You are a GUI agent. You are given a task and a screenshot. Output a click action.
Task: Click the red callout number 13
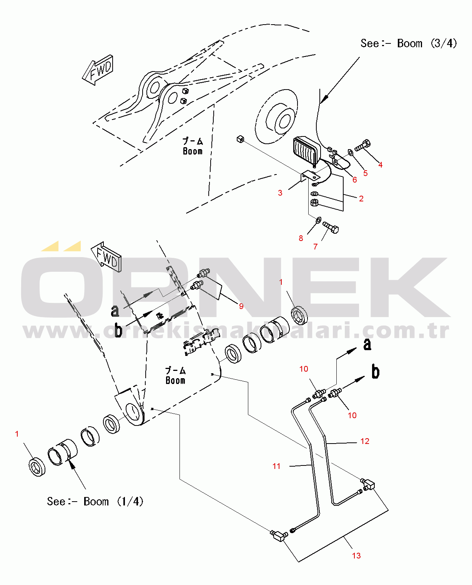tap(356, 556)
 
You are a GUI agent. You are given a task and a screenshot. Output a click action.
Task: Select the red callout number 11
tap(276, 466)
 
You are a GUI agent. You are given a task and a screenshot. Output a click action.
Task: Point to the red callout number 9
tap(241, 306)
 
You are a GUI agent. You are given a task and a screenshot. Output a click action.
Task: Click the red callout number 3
tap(280, 193)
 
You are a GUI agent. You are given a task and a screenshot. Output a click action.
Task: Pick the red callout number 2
tap(361, 198)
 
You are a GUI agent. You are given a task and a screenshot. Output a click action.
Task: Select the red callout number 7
tap(316, 246)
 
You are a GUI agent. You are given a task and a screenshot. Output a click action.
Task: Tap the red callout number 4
tap(381, 165)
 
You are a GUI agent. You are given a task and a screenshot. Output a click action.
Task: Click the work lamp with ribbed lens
tap(307, 151)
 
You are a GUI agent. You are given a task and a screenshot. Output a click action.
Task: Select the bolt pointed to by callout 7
tap(331, 227)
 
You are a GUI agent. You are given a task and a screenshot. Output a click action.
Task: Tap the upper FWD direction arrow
tap(98, 70)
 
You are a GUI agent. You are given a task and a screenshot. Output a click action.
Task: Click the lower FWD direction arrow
tap(106, 257)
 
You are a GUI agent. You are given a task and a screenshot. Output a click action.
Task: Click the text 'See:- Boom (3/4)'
tap(409, 43)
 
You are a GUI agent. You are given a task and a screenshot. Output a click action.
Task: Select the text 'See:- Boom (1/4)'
tap(95, 502)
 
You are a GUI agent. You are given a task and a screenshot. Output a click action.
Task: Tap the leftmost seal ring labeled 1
tap(37, 467)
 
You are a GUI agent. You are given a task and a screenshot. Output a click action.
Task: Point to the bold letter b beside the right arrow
tap(376, 372)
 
